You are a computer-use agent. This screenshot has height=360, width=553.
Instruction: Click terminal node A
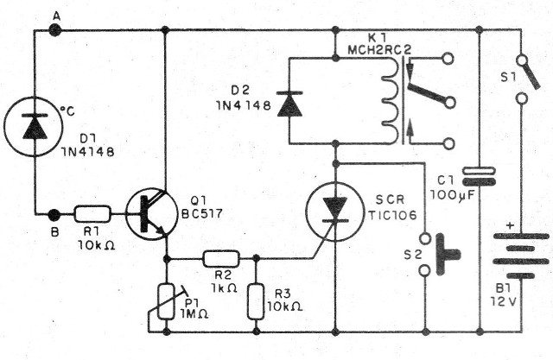pos(55,30)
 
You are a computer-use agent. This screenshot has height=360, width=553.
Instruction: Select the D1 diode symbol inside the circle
pos(35,128)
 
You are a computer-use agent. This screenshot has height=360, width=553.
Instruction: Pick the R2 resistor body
pos(220,257)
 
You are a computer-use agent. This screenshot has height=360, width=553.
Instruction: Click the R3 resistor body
pos(256,300)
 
